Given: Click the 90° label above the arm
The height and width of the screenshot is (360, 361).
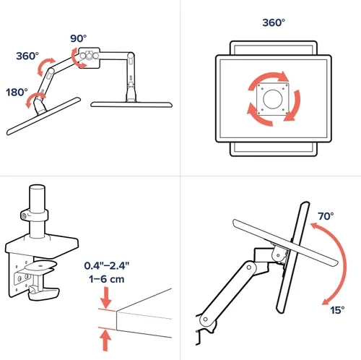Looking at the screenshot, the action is click(79, 38).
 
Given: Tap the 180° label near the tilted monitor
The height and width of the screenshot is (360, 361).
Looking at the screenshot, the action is click(17, 93).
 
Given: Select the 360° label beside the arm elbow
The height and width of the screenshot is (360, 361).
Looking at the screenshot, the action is click(27, 56).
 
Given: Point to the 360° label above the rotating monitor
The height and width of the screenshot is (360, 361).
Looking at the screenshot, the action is click(274, 22).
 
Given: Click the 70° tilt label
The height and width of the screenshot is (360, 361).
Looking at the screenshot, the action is click(326, 216).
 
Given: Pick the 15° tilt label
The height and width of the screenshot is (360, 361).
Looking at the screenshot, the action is click(337, 310).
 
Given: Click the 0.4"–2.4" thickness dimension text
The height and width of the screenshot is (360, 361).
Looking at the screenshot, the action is click(107, 265).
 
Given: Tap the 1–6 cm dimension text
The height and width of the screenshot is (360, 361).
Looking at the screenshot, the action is click(107, 279).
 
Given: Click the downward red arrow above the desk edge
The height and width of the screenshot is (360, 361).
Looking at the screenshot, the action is click(105, 297).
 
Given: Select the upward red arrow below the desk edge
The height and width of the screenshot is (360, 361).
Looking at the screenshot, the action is click(105, 340).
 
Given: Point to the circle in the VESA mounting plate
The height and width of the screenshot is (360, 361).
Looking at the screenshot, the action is click(273, 99).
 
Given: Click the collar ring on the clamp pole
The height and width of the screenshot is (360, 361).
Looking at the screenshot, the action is click(35, 215).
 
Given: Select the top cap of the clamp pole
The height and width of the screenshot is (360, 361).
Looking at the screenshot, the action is click(37, 188).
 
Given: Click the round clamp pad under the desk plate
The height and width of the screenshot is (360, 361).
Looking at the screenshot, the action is click(40, 266).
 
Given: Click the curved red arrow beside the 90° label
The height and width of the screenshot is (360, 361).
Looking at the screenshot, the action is click(77, 59).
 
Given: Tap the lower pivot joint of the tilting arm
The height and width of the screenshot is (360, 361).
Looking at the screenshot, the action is click(205, 320).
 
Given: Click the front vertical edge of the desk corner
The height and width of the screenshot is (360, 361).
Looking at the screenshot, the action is click(116, 320).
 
